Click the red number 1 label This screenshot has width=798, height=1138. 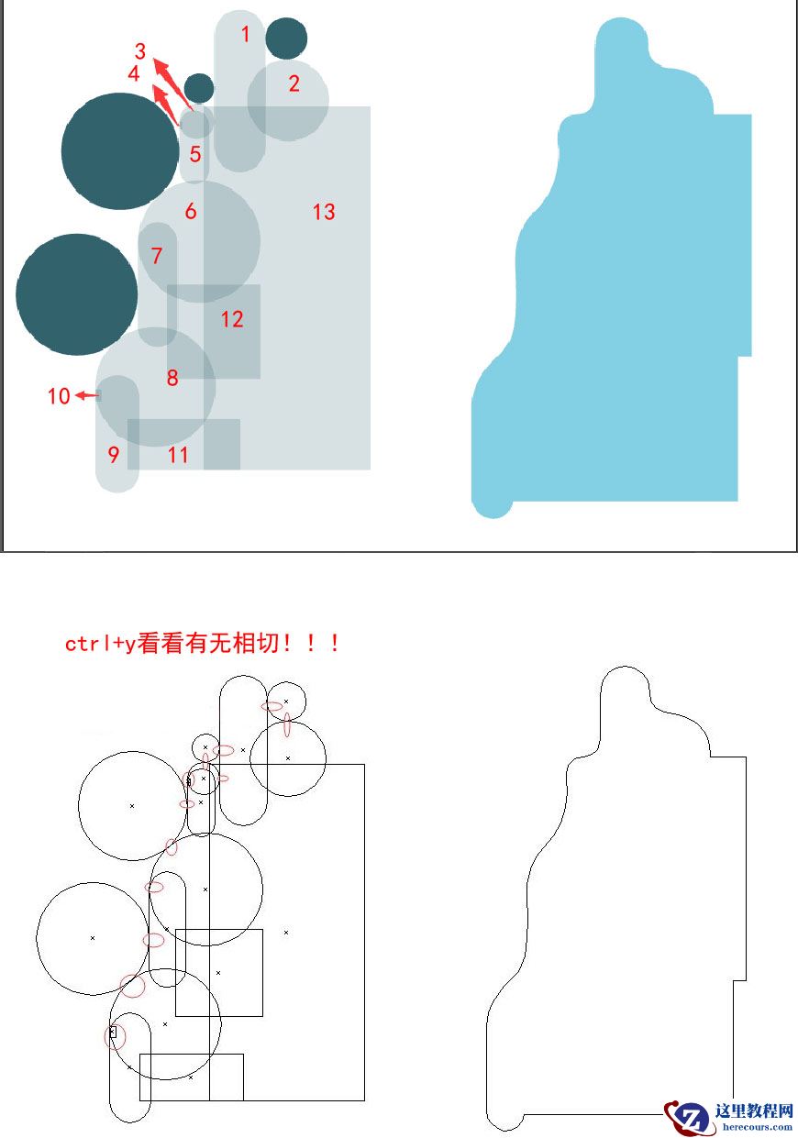click(245, 35)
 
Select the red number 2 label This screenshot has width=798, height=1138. click(294, 83)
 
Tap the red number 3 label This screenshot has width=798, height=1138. click(140, 51)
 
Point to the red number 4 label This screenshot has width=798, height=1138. click(134, 74)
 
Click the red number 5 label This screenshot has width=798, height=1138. click(194, 154)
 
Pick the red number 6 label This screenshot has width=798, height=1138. click(190, 212)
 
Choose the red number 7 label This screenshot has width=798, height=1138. click(157, 256)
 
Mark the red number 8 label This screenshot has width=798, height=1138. click(172, 377)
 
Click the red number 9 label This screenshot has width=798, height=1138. click(114, 454)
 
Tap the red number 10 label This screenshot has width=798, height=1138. click(59, 396)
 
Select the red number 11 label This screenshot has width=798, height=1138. click(178, 454)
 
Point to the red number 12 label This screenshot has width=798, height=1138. click(232, 319)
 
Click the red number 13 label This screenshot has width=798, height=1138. click(323, 212)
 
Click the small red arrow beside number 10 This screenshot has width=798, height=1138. click(88, 395)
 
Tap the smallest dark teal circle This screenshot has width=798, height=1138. click(199, 88)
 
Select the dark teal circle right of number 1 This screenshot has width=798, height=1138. click(286, 38)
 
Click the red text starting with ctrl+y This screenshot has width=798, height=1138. click(203, 643)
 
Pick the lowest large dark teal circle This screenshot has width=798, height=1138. click(77, 294)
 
